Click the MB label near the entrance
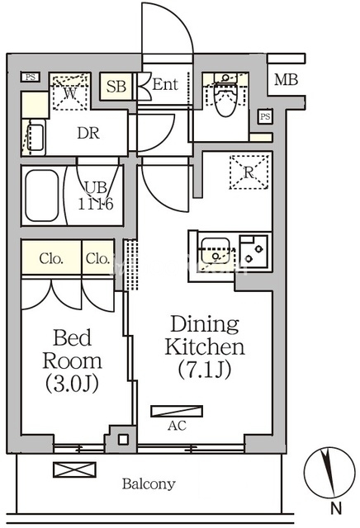[286, 80]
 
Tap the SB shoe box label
[116, 86]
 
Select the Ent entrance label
[165, 84]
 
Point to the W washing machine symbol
[70, 92]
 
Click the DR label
[88, 134]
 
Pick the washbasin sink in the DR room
[35, 138]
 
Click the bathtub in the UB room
[42, 196]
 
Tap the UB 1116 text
[96, 196]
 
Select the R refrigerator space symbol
[249, 172]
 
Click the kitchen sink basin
[215, 251]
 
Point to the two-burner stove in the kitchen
[253, 252]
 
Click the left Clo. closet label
[51, 259]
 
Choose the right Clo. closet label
[97, 259]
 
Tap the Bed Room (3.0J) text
[72, 361]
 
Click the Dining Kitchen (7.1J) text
[205, 346]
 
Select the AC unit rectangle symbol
[177, 412]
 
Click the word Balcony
[149, 484]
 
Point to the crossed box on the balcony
[74, 469]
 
